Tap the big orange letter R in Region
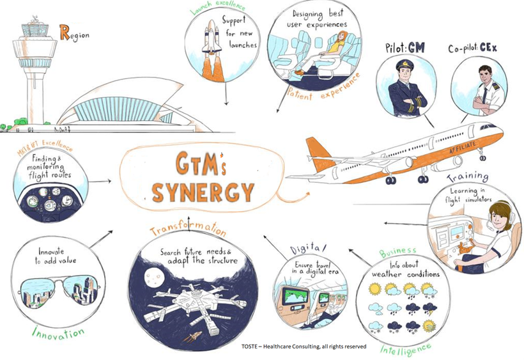pos(65,33)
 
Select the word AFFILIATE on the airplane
pos(463,147)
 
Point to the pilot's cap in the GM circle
pos(405,65)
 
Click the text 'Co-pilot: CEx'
pos(472,48)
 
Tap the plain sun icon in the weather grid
pos(374,288)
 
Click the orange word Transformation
pos(188,229)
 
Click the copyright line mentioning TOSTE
pos(304,347)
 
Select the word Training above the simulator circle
pos(468,176)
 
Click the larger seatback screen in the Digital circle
pos(296,297)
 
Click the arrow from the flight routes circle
pos(100,182)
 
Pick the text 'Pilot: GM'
pos(405,48)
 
